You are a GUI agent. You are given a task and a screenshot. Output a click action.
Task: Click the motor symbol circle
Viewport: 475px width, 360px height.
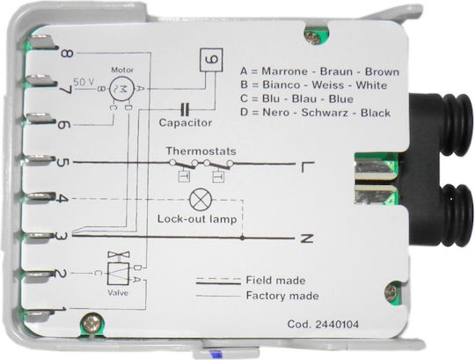[121, 88]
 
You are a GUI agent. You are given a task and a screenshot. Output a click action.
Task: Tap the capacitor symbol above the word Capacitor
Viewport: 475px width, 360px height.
[185, 109]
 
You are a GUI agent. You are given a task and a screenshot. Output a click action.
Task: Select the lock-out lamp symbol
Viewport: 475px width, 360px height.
[201, 200]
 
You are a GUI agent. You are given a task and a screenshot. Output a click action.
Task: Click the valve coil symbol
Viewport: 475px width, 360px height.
[118, 274]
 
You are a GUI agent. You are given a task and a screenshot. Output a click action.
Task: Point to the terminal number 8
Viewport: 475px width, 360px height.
[67, 54]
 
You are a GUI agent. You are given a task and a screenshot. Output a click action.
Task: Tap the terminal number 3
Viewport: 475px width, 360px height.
[64, 236]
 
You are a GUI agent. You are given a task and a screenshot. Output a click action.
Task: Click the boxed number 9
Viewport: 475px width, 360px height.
[211, 60]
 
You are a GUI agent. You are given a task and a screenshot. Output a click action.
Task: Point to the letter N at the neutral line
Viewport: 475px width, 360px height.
[307, 239]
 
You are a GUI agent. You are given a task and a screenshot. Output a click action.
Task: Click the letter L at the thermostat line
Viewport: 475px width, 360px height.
[308, 167]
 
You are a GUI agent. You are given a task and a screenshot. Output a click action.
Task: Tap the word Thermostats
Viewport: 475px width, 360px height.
[201, 151]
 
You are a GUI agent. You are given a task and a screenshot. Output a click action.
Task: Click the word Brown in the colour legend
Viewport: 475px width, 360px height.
[382, 72]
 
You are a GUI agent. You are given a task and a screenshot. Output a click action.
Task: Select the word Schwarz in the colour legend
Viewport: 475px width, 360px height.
[327, 113]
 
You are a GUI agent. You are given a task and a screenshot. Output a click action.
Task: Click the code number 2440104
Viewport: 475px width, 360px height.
[337, 324]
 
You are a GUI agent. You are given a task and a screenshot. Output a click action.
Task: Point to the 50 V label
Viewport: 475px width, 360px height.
[84, 82]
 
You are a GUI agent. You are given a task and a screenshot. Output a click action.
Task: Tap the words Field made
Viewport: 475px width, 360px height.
[275, 280]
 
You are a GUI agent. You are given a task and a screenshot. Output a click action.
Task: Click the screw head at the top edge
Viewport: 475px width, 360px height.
[313, 37]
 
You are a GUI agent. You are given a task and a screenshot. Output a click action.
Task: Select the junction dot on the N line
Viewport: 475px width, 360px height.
[242, 238]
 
